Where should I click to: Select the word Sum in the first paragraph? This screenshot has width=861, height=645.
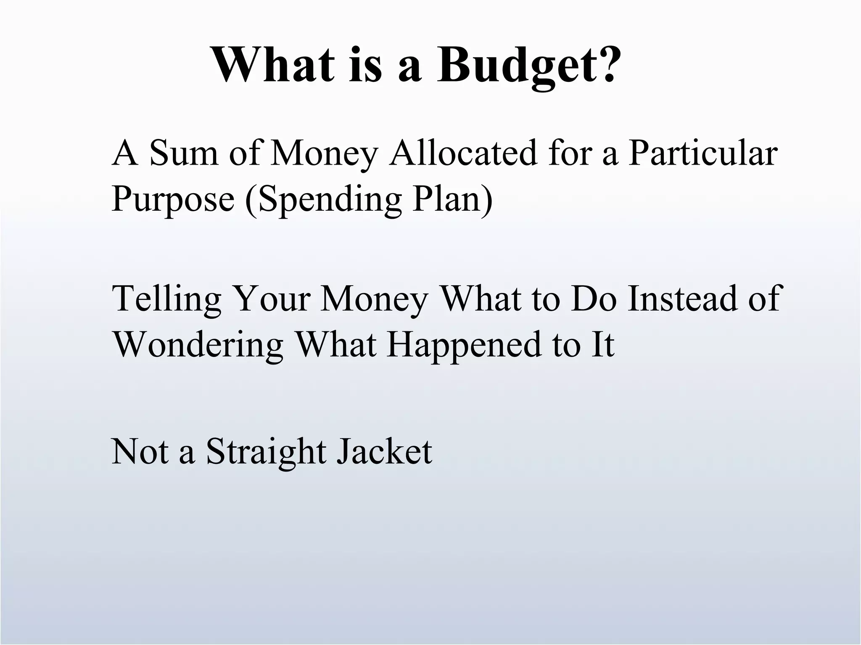pos(184,153)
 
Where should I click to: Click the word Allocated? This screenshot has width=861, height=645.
pos(463,153)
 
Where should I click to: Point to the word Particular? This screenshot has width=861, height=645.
pos(703,153)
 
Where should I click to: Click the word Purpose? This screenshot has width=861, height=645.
pos(173,199)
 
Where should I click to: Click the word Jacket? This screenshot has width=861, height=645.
pos(385,452)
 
